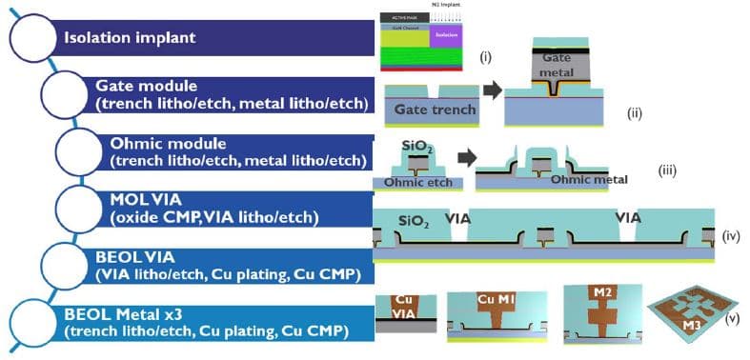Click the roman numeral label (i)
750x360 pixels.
pos(485,57)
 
